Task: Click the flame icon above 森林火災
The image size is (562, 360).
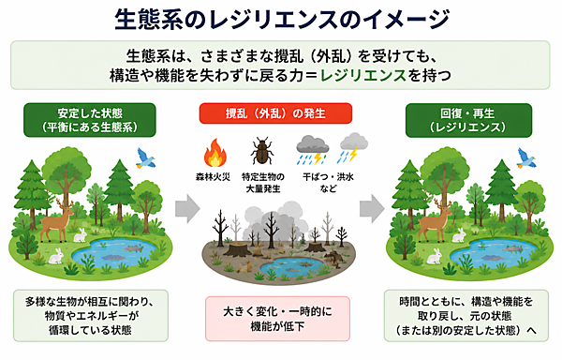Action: click(x=215, y=154)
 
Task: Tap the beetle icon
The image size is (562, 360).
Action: click(x=262, y=151)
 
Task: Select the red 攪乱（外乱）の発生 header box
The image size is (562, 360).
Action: click(x=275, y=113)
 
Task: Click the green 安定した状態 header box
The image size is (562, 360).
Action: click(x=90, y=120)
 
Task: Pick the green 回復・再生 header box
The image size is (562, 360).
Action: click(x=468, y=120)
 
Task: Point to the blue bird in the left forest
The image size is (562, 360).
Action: click(x=145, y=158)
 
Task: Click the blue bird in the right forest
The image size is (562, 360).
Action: click(x=525, y=158)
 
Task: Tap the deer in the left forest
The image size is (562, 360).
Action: click(x=57, y=221)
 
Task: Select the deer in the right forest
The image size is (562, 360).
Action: click(x=436, y=220)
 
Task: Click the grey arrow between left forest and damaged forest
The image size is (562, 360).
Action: click(x=187, y=209)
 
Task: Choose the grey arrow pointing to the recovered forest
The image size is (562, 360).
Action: click(x=372, y=209)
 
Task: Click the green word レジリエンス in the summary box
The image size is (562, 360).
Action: click(x=363, y=75)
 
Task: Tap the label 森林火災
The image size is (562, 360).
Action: click(x=213, y=177)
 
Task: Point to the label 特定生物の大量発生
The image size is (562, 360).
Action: click(x=262, y=183)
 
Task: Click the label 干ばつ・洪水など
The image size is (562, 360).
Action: click(x=328, y=183)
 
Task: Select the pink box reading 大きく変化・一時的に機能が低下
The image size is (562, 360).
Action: click(x=277, y=319)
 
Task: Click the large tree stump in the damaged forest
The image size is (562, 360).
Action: click(x=237, y=249)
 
